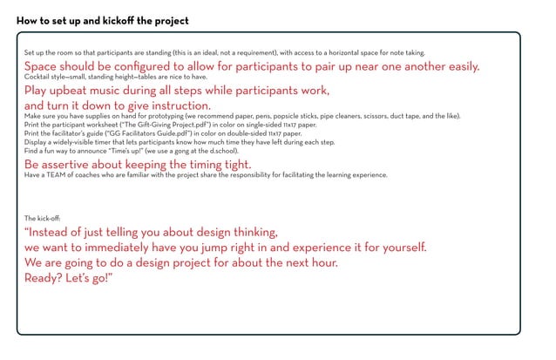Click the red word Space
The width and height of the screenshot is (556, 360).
[42, 66]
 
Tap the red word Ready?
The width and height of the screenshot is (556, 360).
[45, 276]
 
